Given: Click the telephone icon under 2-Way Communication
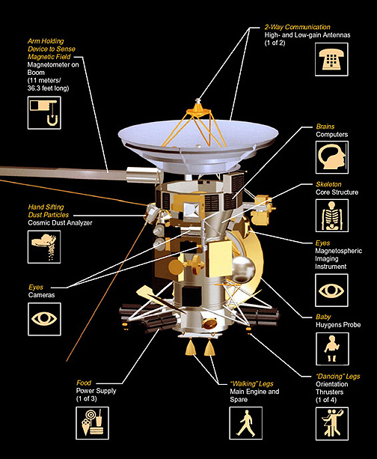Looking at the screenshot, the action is coord(331,60).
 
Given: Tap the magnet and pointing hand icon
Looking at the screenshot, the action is coord(44,113).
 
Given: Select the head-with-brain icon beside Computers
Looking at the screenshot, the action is coord(332,157).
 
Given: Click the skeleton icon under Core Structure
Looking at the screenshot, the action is coord(332,216).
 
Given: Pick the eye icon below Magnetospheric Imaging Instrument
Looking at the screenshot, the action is coord(331,291).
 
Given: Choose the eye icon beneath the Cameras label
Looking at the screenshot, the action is coord(44,319).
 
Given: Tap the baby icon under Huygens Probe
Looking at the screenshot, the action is coord(332,349).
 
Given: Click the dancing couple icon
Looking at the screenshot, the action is coord(332,424).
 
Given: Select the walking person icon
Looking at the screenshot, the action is coord(245,423).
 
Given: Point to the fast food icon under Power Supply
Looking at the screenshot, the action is coord(93,423).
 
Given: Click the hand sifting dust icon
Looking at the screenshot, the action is coord(44,247).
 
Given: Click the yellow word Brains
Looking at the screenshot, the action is coord(325,127).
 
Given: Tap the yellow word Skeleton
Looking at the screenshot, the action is coord(328,184).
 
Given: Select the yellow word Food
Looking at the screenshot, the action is coord(84,383).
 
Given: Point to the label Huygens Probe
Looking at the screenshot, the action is coord(338,325).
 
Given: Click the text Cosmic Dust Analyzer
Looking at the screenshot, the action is coord(60,223).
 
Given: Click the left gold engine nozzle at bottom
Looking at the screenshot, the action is coord(191,347).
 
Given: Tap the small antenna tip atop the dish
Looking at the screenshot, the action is coord(198,101).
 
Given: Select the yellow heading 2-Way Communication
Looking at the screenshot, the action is coord(297,27).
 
